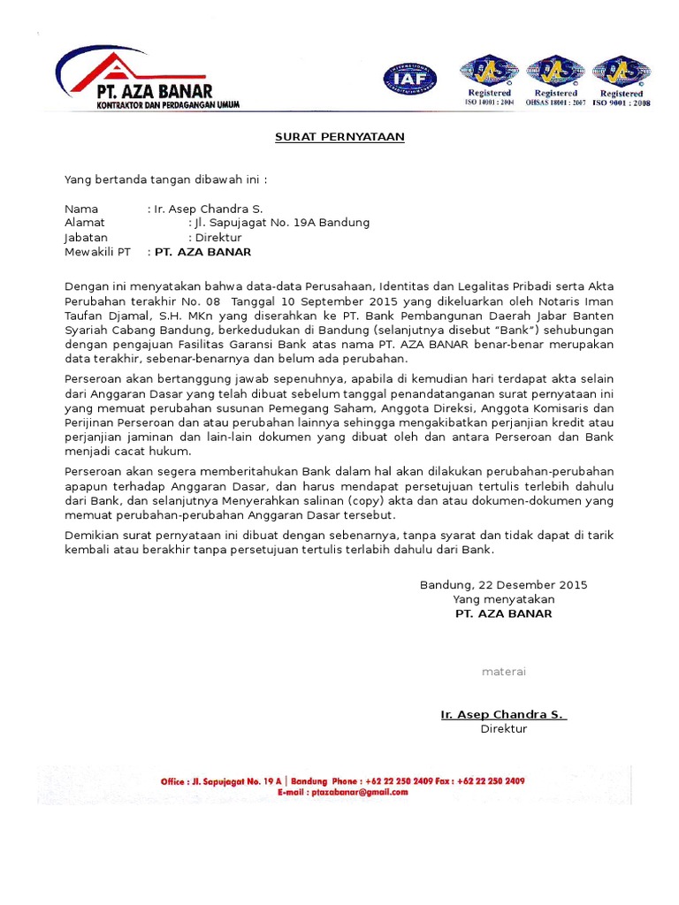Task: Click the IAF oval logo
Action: point(409,80)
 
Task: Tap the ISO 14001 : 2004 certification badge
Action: point(488,81)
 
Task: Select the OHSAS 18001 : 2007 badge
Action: point(555,81)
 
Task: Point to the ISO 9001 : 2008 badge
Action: point(621,81)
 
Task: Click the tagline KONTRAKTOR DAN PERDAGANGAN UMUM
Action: point(168,104)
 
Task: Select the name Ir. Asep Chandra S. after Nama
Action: point(202,209)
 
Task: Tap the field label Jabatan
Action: point(86,238)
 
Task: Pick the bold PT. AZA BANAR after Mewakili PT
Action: point(202,252)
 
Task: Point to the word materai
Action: point(503,672)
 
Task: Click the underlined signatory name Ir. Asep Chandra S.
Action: point(503,714)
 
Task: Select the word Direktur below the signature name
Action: point(503,729)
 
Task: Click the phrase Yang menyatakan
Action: point(503,599)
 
